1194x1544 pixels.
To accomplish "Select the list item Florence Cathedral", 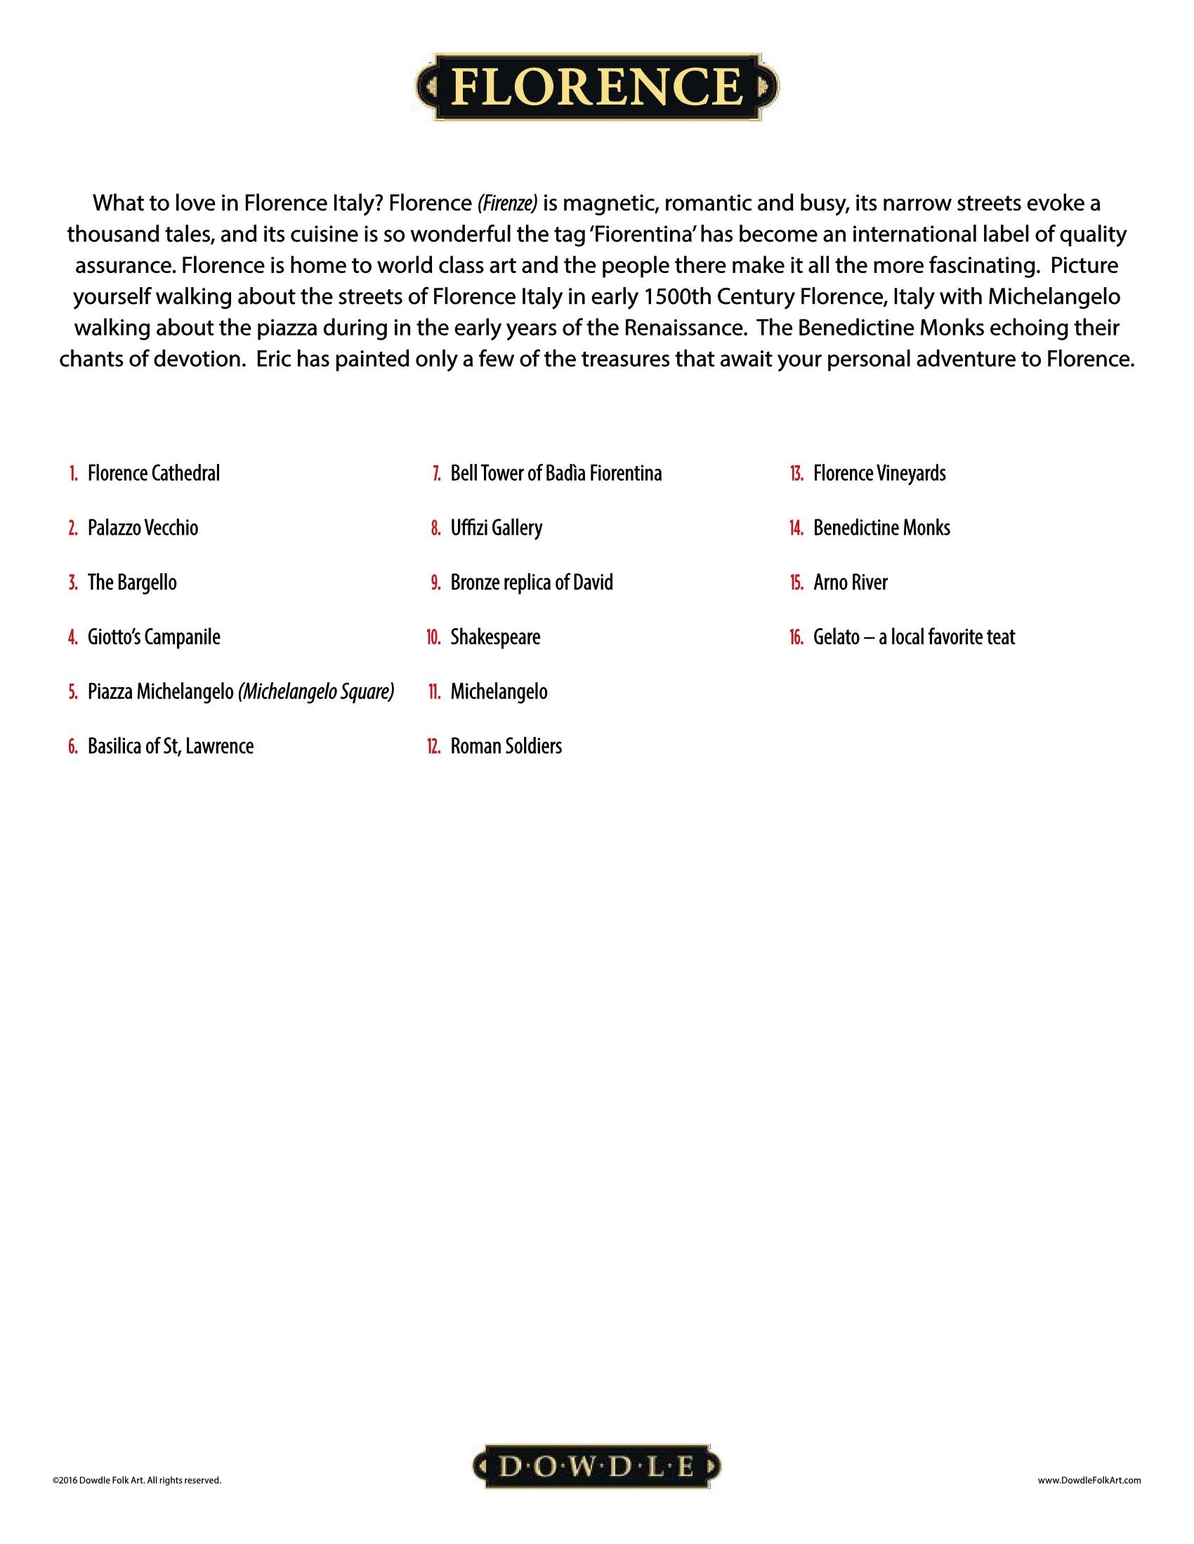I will point(154,473).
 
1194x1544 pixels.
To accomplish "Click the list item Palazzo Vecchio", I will point(143,527).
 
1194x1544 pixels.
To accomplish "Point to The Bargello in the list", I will point(132,583).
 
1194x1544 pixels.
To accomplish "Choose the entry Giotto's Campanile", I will point(154,637).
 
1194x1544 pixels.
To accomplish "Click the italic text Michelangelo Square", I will point(316,691).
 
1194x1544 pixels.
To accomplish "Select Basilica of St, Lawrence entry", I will point(171,746).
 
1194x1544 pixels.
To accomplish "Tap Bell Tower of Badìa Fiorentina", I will point(556,473).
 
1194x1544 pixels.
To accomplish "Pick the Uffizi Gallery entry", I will point(497,527).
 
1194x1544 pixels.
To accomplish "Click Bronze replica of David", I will point(532,583).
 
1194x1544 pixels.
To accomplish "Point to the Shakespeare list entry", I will point(495,637).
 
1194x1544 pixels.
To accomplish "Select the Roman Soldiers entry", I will point(506,746).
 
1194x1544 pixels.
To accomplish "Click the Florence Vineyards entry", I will point(879,473).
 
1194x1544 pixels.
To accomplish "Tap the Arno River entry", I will point(851,583).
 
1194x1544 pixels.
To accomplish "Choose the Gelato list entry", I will point(914,637).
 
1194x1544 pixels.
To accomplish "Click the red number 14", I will point(796,528).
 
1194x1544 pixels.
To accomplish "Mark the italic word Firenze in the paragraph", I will point(507,204).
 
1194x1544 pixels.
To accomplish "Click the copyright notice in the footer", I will point(136,1479).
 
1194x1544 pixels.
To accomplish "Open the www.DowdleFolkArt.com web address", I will point(1089,1479).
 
